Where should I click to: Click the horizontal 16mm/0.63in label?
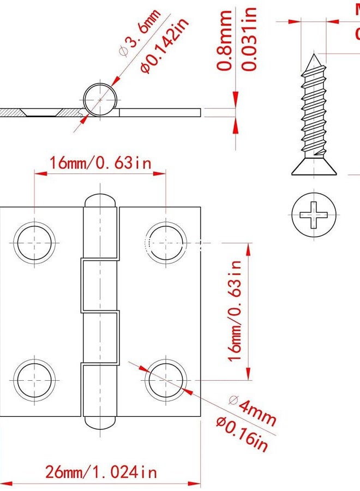(x=100, y=163)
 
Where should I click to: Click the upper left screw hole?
(x=35, y=242)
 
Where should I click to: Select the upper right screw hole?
(x=166, y=242)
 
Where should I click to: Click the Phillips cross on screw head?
(x=314, y=214)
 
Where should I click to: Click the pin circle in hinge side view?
(x=100, y=100)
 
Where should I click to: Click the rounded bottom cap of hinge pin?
(x=100, y=421)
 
